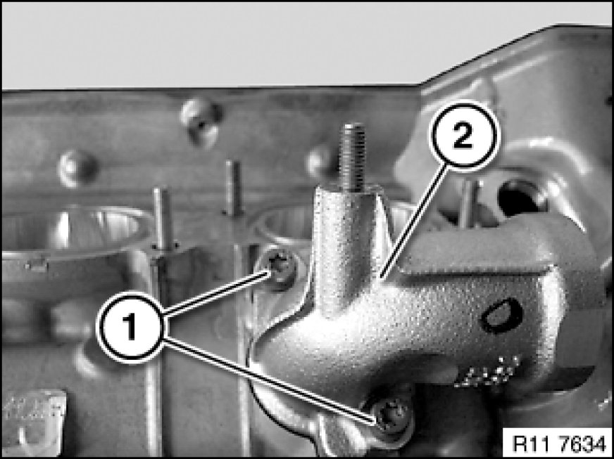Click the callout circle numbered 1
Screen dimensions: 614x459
130,328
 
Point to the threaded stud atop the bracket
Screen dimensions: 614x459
352,157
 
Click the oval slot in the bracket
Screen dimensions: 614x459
503,316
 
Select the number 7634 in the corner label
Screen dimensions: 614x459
582,443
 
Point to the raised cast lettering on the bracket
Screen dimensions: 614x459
487,371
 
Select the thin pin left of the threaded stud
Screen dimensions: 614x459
233,188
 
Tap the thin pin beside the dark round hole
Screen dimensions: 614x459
469,204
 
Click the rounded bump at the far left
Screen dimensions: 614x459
77,168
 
